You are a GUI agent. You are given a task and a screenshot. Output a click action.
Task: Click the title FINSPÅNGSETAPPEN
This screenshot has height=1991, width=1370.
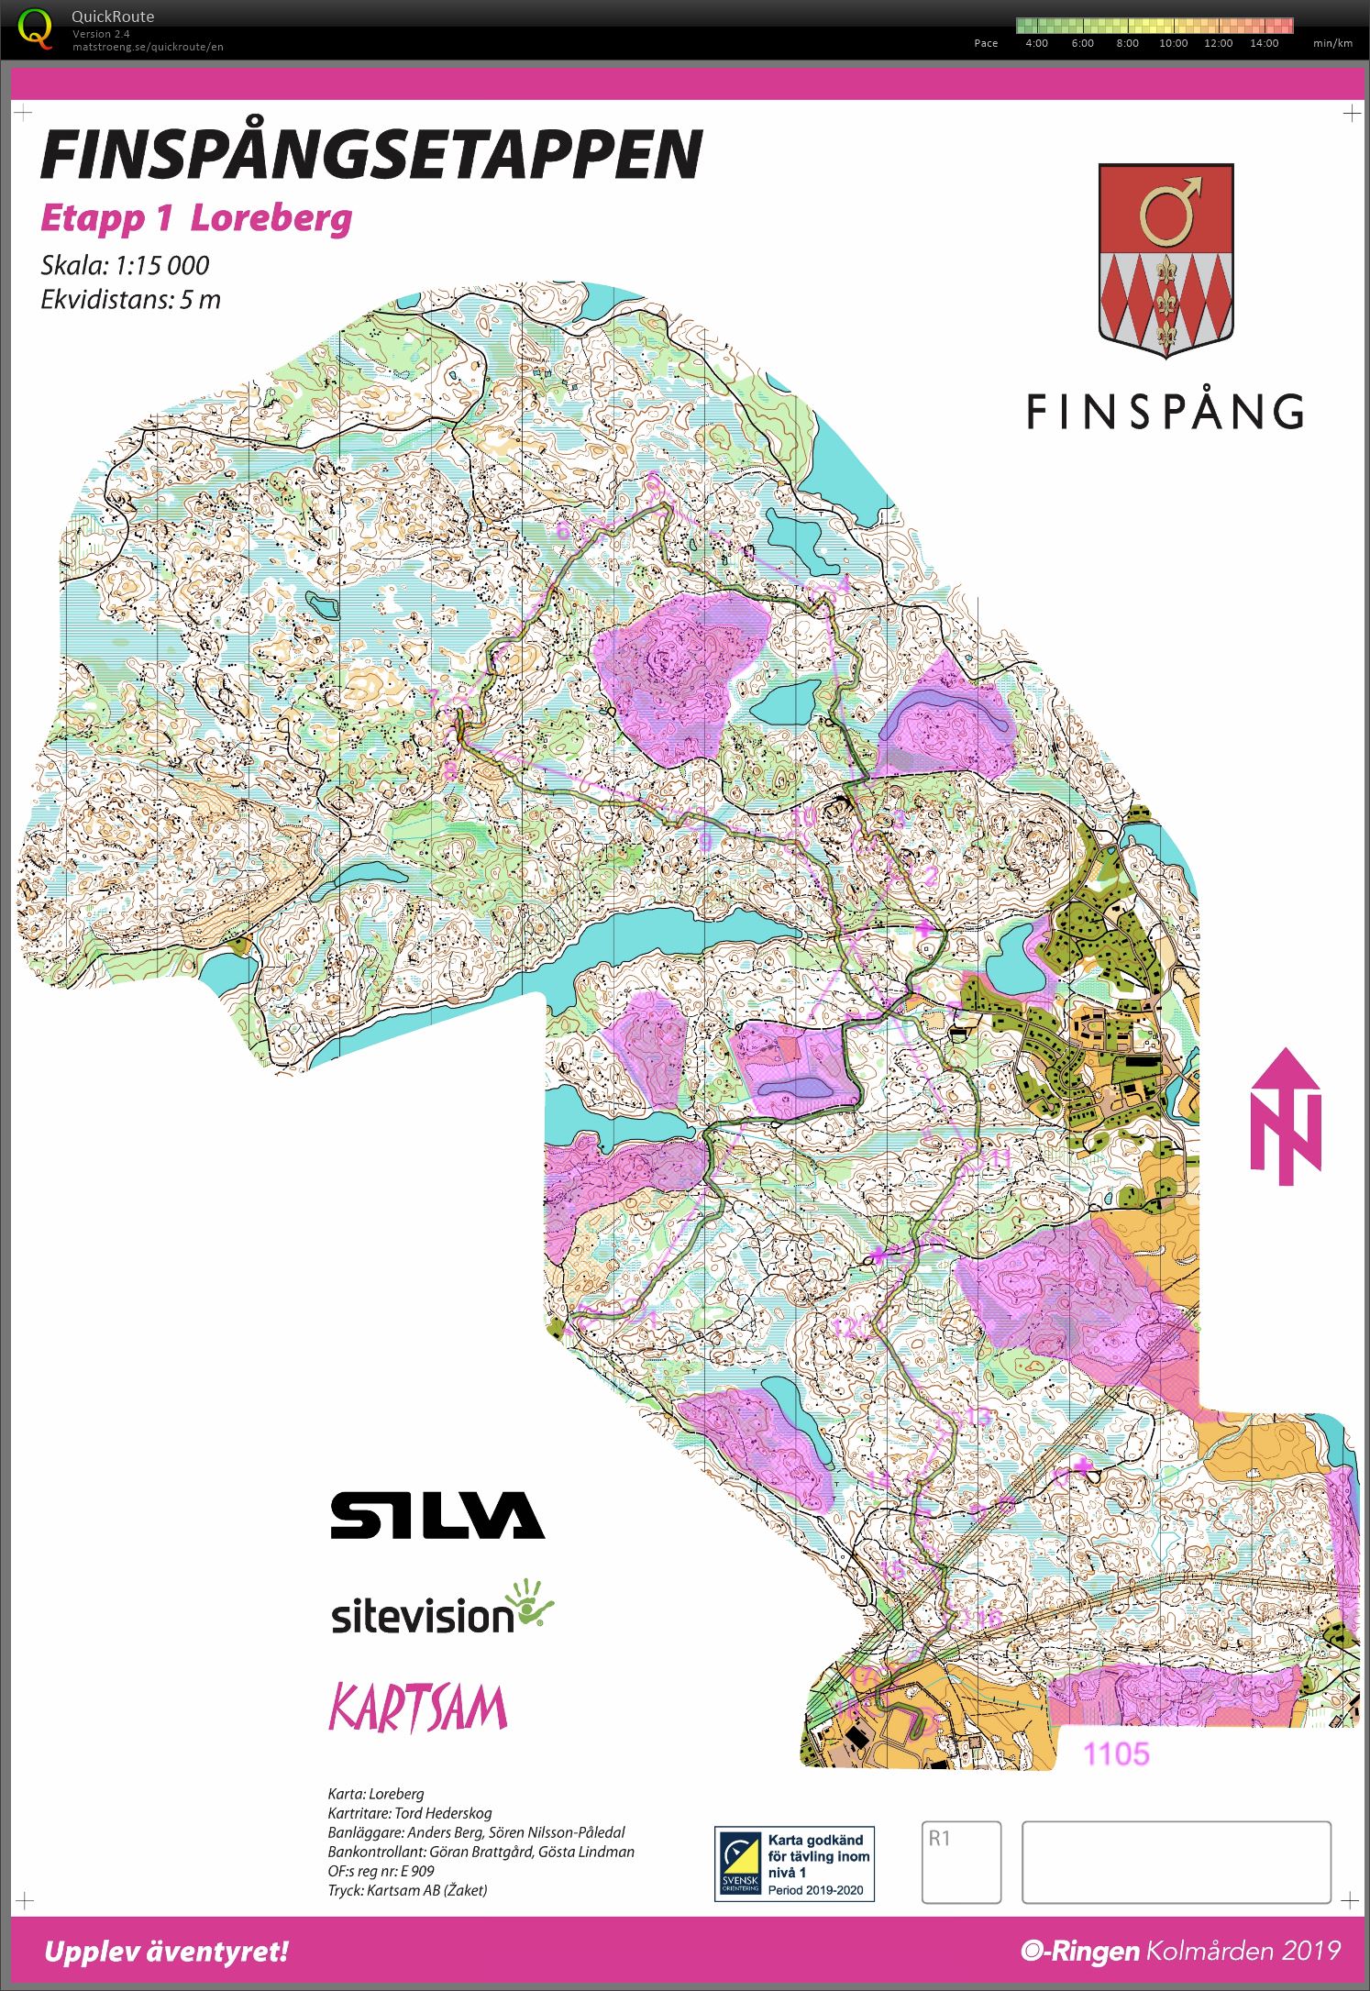coord(371,154)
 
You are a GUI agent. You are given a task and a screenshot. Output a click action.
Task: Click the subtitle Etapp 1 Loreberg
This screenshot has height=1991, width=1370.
coord(196,219)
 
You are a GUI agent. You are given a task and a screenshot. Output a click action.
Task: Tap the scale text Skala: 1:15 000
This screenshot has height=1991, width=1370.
coord(125,266)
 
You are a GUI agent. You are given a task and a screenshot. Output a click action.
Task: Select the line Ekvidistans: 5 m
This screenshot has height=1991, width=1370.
coord(130,300)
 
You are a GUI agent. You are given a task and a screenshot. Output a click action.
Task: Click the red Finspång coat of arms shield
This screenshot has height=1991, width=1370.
coord(1166,259)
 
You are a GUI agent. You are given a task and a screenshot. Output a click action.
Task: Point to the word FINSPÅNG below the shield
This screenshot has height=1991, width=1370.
coord(1165,412)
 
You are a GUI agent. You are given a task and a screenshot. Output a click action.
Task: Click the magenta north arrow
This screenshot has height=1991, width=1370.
coord(1286,1116)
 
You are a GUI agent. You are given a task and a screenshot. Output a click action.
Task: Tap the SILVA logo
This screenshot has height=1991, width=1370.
coord(437,1515)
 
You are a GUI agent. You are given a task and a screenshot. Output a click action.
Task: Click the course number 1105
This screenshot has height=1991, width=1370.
coord(1116,1753)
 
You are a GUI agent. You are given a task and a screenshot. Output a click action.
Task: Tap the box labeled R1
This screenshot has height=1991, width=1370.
coord(960,1862)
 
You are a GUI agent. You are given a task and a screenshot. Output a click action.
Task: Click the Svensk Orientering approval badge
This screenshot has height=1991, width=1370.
coord(794,1864)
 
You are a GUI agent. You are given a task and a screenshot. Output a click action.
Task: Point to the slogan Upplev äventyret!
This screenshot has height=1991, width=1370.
coord(166,1952)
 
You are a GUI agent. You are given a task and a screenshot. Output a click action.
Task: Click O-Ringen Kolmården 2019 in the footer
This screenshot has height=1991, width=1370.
coord(1180,1951)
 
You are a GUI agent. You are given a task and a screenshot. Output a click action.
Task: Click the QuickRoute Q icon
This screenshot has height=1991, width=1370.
coord(35,29)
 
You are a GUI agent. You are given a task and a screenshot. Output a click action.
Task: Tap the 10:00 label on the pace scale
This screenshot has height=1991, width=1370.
coord(1173,43)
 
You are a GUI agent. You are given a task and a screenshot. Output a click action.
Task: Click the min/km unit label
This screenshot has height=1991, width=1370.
coord(1332,43)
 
